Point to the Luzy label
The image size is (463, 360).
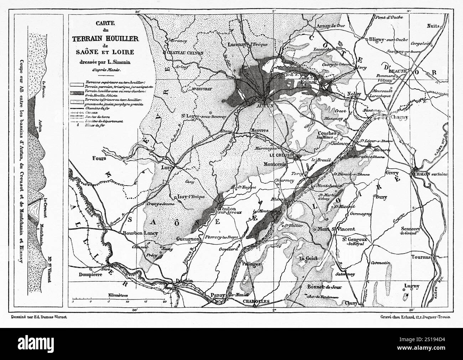coord(167,167)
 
